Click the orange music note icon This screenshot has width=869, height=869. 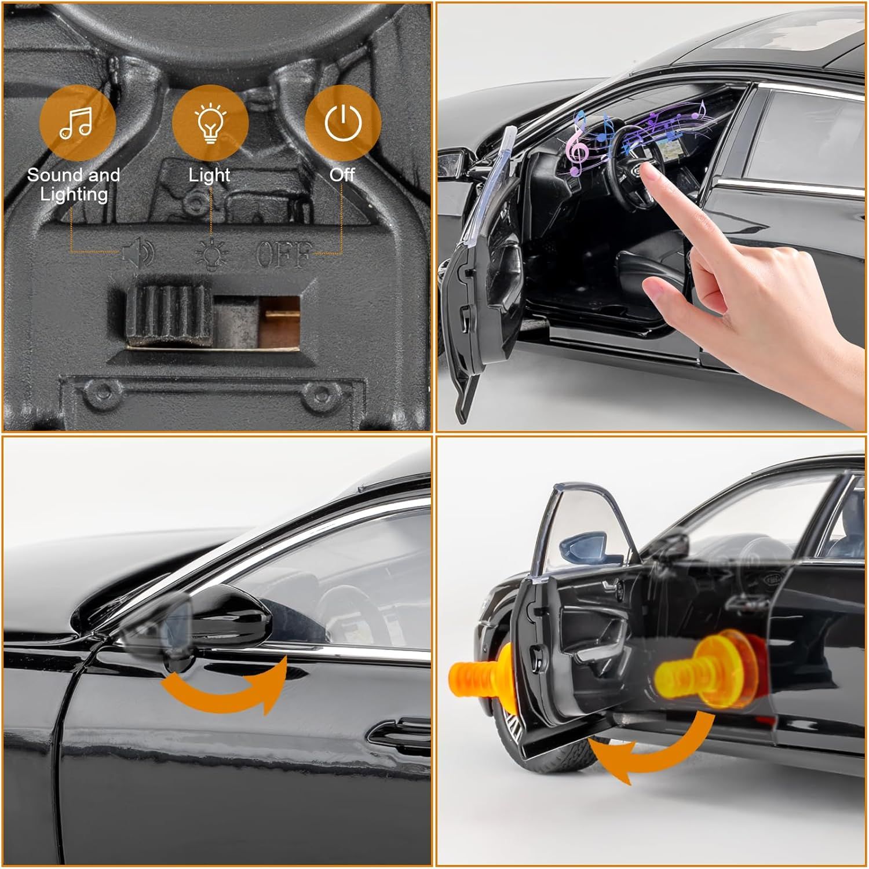pos(78,123)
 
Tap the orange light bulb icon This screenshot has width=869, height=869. pos(210,123)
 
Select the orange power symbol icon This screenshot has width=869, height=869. pos(343,123)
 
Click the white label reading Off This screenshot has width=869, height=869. pos(342,174)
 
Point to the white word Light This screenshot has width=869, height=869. pos(210,175)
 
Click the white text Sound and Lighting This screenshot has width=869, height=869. pos(74,184)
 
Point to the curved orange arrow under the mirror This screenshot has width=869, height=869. pos(223,690)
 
